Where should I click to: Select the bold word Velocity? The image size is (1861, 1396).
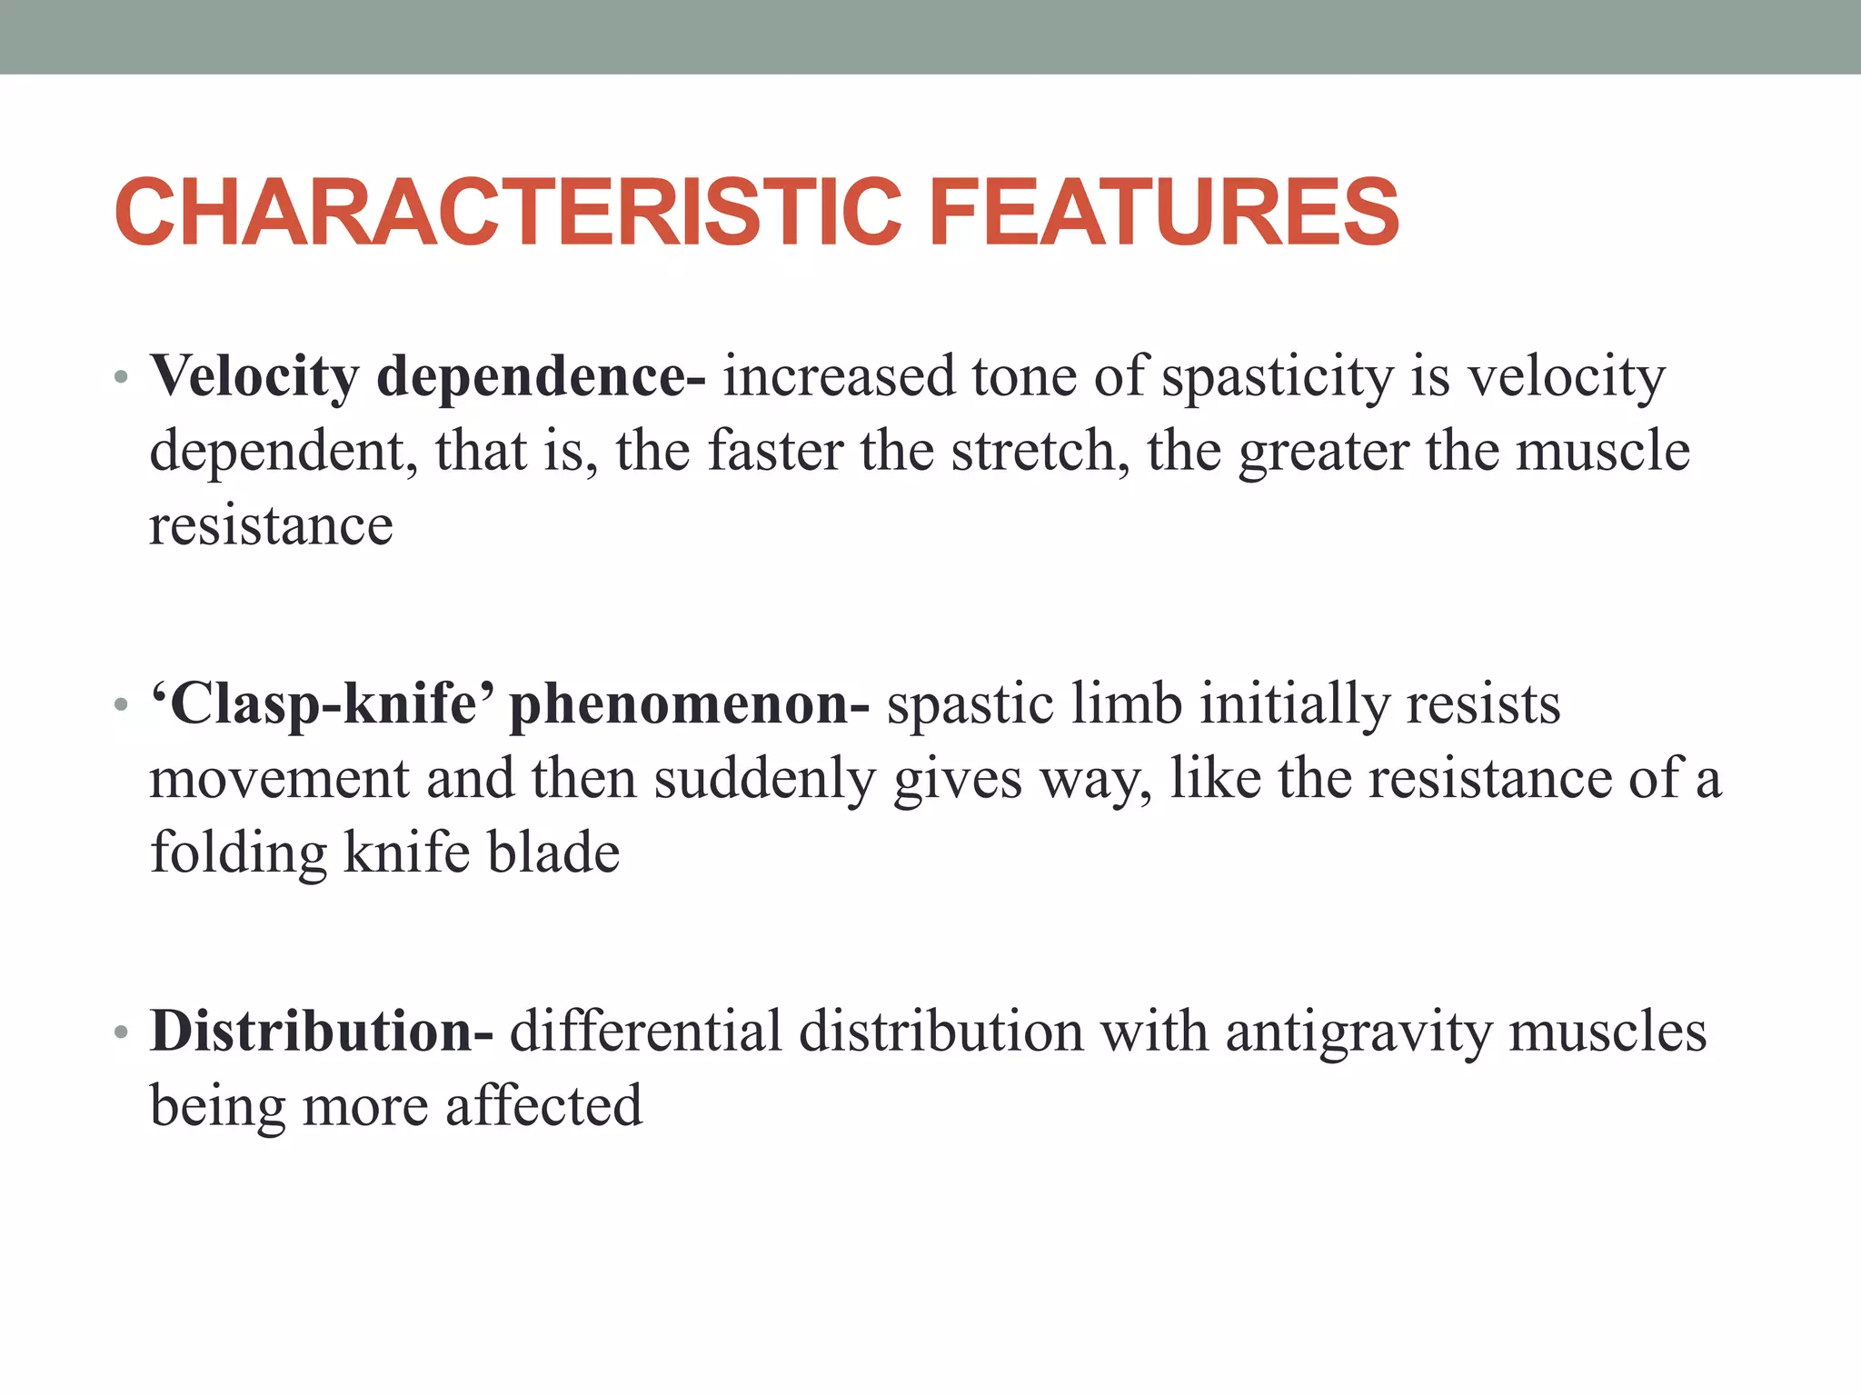coord(255,376)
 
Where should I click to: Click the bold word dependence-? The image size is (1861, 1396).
coord(541,376)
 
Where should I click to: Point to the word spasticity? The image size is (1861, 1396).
coord(1277,376)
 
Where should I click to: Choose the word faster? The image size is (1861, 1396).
coord(775,451)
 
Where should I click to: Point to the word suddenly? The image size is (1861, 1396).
coord(764,779)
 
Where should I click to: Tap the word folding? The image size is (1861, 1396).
coord(238,853)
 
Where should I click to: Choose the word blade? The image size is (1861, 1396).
coord(553,852)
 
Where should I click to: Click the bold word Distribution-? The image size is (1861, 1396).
coord(322,1032)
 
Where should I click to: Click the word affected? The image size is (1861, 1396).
coord(543,1106)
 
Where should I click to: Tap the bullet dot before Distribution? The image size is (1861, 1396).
coord(122,1033)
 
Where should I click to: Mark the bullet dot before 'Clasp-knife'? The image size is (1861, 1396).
coord(122,705)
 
